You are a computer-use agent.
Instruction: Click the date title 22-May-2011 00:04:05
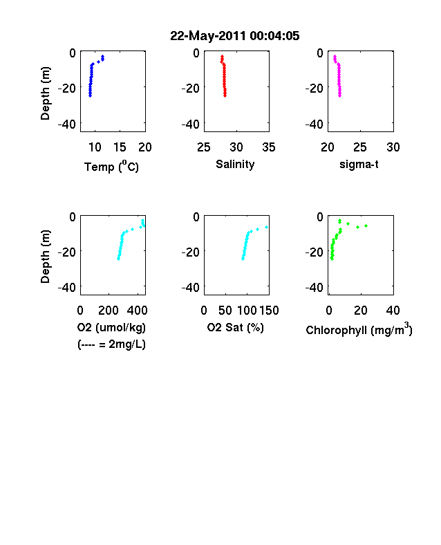click(x=235, y=36)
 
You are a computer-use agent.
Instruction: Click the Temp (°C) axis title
click(x=111, y=166)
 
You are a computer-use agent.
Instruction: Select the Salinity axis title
click(x=235, y=164)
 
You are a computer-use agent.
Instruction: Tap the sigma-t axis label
click(x=359, y=164)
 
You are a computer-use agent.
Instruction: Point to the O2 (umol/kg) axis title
click(x=111, y=327)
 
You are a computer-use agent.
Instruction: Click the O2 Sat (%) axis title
click(x=236, y=327)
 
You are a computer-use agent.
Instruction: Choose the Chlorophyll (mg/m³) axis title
click(x=359, y=329)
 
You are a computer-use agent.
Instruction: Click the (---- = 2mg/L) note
click(x=111, y=344)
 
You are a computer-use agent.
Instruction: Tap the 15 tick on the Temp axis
click(x=120, y=147)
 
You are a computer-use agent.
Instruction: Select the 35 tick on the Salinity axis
click(x=269, y=147)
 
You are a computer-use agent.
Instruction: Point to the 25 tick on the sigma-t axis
click(x=360, y=147)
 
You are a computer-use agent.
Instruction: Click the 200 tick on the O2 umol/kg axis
click(x=109, y=311)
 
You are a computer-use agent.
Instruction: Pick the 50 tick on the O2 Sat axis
click(x=225, y=311)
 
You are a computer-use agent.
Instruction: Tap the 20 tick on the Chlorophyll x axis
click(x=361, y=311)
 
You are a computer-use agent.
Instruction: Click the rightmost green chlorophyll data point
click(x=366, y=226)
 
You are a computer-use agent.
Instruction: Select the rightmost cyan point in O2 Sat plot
click(x=266, y=228)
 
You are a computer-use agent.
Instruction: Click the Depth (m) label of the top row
click(x=45, y=93)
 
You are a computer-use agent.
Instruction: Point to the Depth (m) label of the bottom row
click(x=45, y=257)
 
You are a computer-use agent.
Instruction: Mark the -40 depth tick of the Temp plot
click(x=66, y=124)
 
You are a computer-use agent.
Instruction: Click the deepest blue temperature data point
click(x=90, y=95)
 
